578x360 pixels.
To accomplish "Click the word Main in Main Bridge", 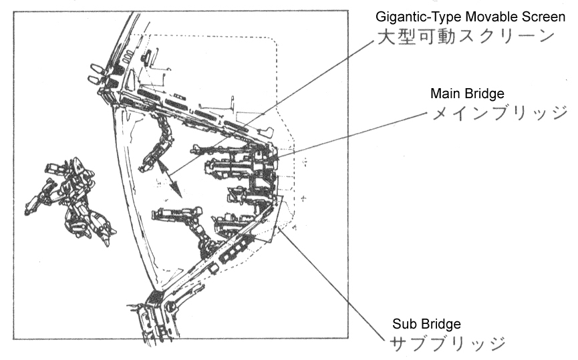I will point(444,92).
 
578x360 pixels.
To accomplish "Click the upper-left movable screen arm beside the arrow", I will point(159,140).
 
